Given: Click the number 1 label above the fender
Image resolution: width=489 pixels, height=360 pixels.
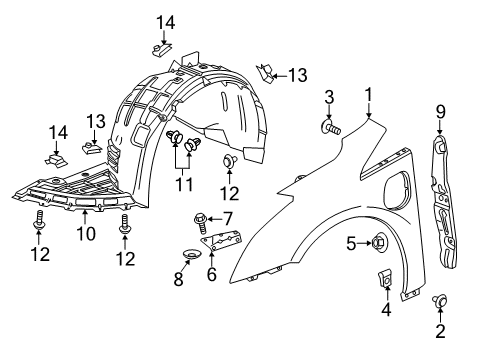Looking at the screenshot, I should coord(369,95).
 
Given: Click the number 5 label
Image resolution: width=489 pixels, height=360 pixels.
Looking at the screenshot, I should coord(351,241).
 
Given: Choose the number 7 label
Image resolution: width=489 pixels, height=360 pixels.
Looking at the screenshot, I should coord(227,217).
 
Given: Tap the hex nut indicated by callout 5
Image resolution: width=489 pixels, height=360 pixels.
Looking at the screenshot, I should coord(379,241).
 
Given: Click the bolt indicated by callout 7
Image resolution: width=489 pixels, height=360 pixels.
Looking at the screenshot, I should coord(200,217).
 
